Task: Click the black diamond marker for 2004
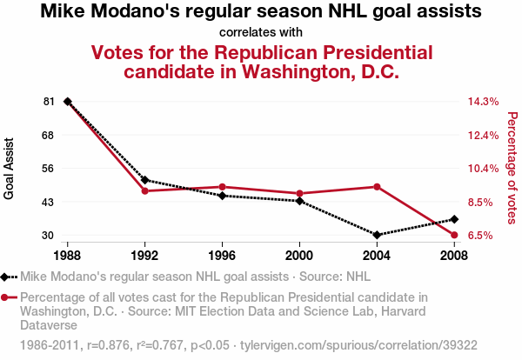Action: click(377, 235)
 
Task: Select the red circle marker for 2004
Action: click(377, 187)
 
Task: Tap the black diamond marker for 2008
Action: click(454, 219)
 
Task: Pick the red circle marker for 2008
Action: click(454, 235)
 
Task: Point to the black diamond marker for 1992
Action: click(145, 180)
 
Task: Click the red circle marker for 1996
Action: click(223, 187)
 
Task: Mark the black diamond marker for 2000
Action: click(299, 201)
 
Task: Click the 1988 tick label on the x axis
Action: click(68, 256)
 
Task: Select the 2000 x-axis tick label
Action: click(299, 256)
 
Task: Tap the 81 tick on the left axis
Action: click(48, 102)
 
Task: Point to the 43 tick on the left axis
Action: click(48, 202)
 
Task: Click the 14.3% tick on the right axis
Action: click(483, 102)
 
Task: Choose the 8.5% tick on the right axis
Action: click(483, 202)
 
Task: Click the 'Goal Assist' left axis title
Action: click(10, 169)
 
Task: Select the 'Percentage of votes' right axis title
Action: click(512, 169)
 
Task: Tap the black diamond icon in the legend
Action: click(7, 277)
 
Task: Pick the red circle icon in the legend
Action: click(7, 297)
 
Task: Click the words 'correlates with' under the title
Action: click(261, 32)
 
